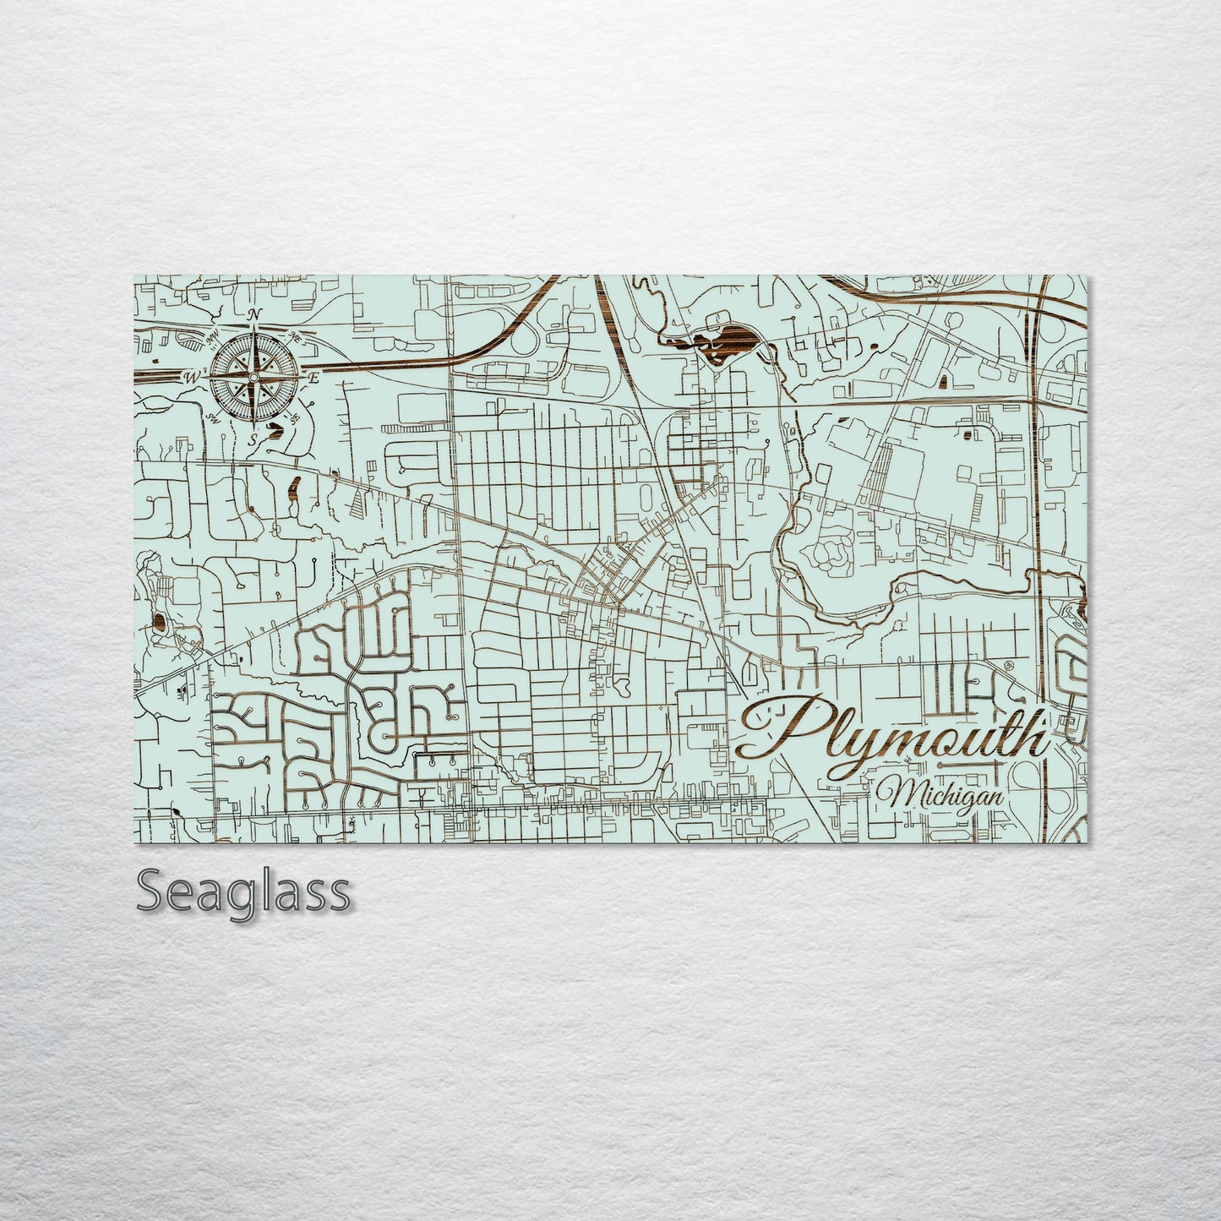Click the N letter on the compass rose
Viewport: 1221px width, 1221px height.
tap(254, 314)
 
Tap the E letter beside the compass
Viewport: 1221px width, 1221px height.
tap(313, 378)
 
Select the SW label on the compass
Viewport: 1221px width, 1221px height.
tap(211, 417)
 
